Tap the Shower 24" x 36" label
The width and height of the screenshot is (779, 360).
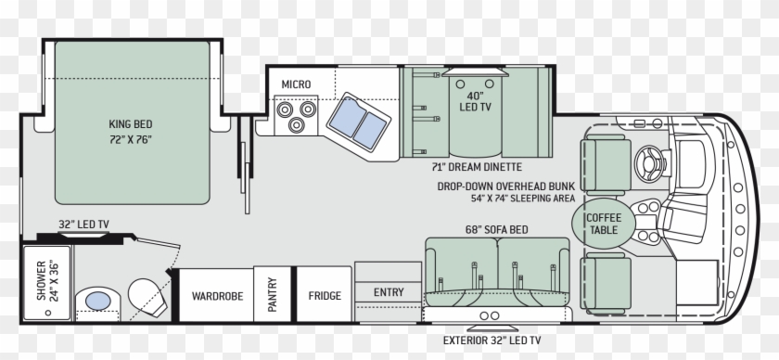[x=39, y=278]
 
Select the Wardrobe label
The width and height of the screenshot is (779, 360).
[x=217, y=297]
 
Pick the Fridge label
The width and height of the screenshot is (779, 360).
[x=325, y=297]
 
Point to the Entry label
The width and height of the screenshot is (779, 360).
[x=389, y=292]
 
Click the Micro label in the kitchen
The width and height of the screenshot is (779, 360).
[x=296, y=84]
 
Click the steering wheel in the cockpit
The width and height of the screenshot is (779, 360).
[x=650, y=162]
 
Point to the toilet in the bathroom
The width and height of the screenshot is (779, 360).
[x=145, y=295]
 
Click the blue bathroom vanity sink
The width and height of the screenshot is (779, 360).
[x=96, y=299]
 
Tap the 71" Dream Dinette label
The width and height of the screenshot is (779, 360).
[x=477, y=167]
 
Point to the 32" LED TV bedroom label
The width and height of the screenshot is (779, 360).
[x=83, y=223]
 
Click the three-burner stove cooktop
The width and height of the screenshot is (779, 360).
[x=296, y=115]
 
